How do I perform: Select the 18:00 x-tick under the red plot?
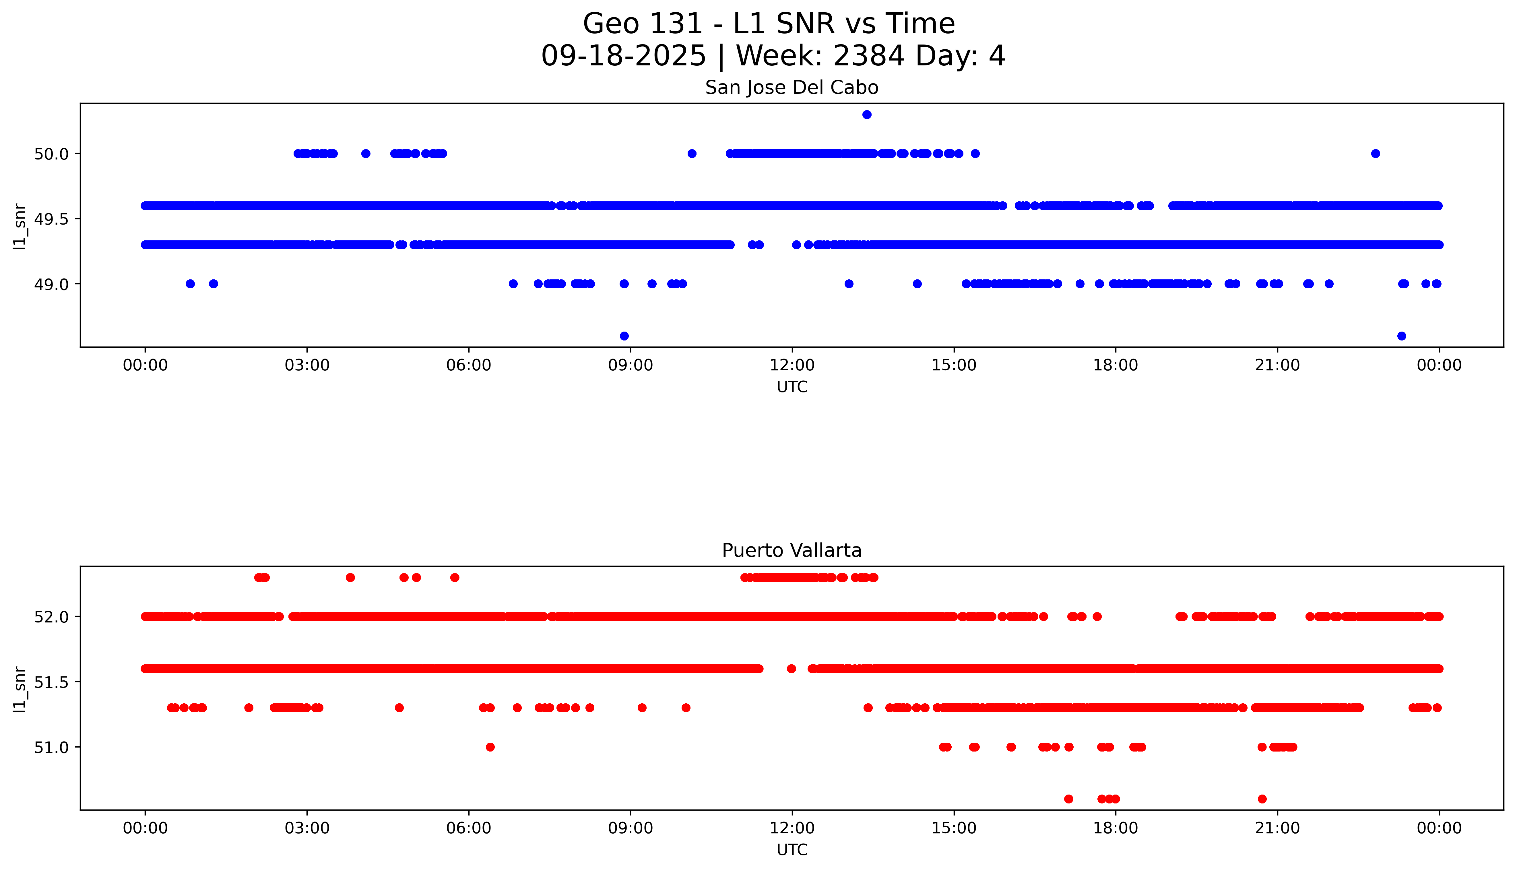(x=1115, y=828)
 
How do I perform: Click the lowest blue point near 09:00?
(x=624, y=336)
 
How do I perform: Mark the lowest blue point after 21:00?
(x=1401, y=336)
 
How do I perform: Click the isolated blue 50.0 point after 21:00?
(x=1375, y=153)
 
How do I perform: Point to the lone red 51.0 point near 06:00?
(x=490, y=747)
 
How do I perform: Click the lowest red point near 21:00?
(x=1262, y=799)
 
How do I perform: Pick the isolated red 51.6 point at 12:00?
(x=791, y=669)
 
